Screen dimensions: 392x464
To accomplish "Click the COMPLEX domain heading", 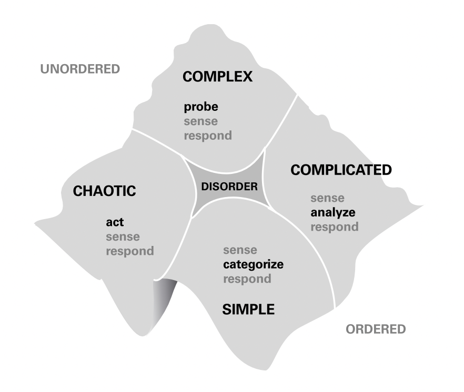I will coord(217,77).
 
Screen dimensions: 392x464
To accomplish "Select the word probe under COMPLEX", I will coord(201,108).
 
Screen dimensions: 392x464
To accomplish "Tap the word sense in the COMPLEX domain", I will coord(200,121).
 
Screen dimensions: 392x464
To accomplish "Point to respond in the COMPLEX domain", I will coord(208,136).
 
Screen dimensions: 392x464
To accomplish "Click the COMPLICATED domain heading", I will coord(341,170).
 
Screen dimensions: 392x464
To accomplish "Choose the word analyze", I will coord(332,213).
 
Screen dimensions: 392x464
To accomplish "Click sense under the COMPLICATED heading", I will coord(327,199).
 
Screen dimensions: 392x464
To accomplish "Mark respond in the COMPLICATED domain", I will coord(335,227).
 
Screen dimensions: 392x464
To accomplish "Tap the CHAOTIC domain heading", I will coord(104,191).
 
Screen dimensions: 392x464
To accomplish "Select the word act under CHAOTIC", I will coord(115,222).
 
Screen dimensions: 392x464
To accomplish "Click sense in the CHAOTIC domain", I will coord(123,236).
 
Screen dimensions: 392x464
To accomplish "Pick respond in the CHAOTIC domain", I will coord(130,251).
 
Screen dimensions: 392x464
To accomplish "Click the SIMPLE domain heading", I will coord(248,310).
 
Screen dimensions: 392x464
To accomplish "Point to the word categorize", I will coord(253,264).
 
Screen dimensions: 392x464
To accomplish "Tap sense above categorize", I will coord(240,250).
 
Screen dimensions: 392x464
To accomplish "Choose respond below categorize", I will coord(247,278).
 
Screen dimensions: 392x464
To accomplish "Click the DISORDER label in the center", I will coord(230,186).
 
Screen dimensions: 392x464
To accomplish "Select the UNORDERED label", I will coord(80,69).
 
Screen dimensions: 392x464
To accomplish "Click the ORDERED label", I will coord(376,329).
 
